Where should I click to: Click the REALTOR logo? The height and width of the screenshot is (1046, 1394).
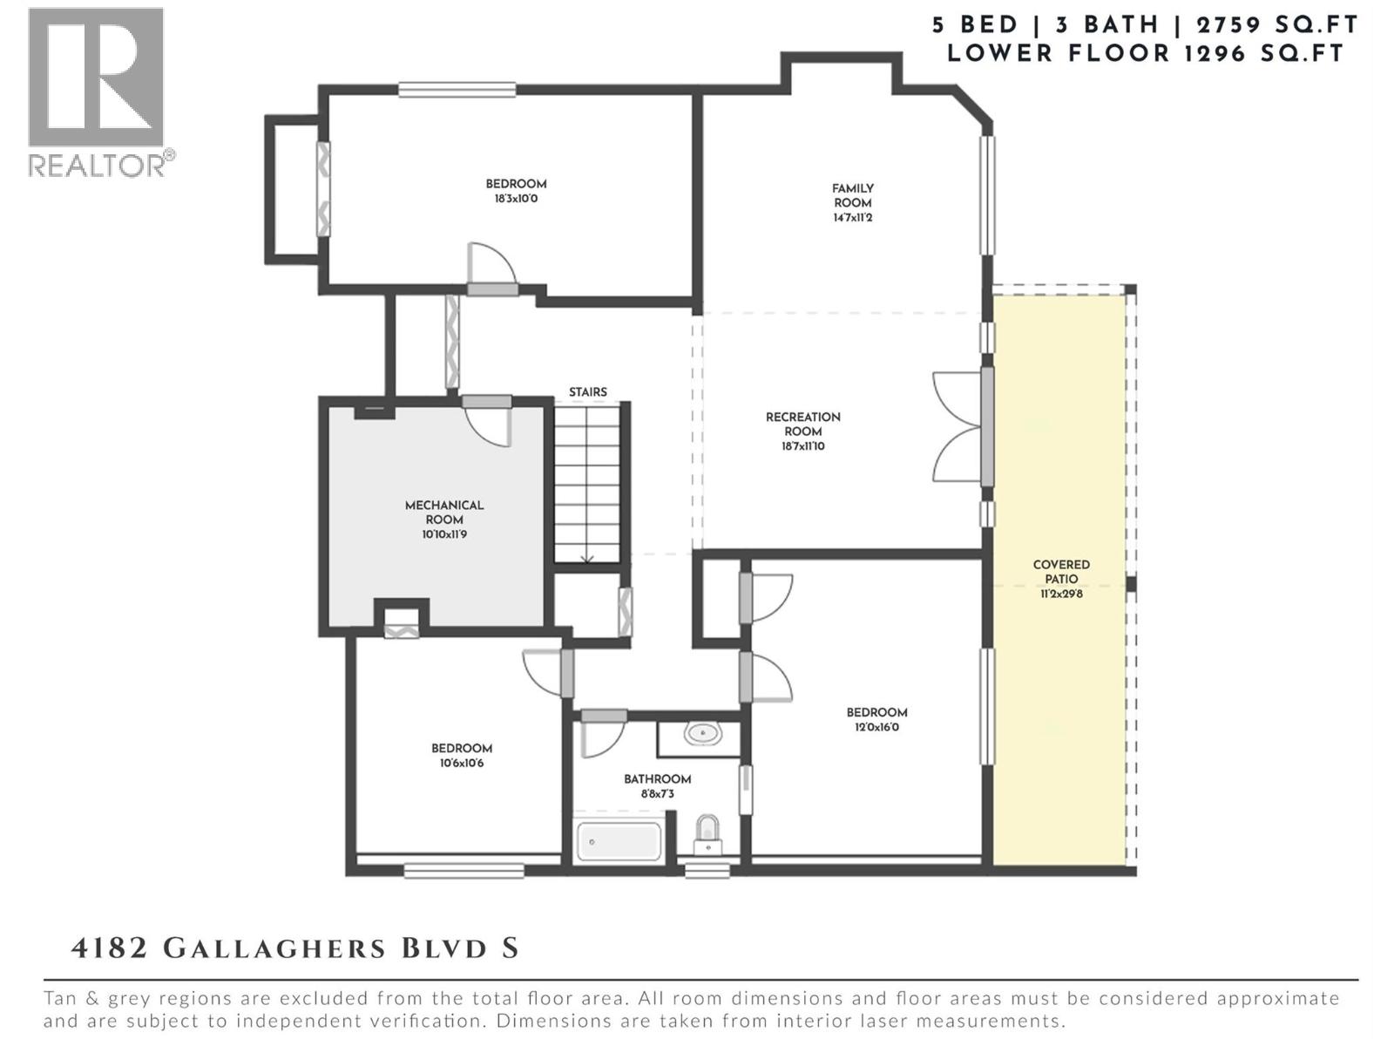click(x=97, y=91)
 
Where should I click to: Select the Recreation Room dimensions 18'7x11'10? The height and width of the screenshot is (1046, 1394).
click(x=802, y=446)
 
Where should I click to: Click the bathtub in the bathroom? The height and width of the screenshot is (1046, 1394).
click(x=619, y=842)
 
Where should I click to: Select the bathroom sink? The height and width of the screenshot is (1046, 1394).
click(x=702, y=734)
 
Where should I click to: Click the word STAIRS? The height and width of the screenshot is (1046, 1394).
click(x=588, y=392)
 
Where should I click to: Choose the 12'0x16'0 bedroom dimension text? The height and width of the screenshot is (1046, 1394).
click(x=876, y=727)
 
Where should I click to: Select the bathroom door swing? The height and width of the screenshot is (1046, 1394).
click(x=601, y=737)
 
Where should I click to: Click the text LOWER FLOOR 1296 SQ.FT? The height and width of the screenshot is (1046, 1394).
click(x=1146, y=53)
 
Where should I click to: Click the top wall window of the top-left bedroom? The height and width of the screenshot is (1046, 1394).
click(x=457, y=89)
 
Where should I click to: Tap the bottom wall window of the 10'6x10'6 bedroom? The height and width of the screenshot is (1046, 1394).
click(x=464, y=869)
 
